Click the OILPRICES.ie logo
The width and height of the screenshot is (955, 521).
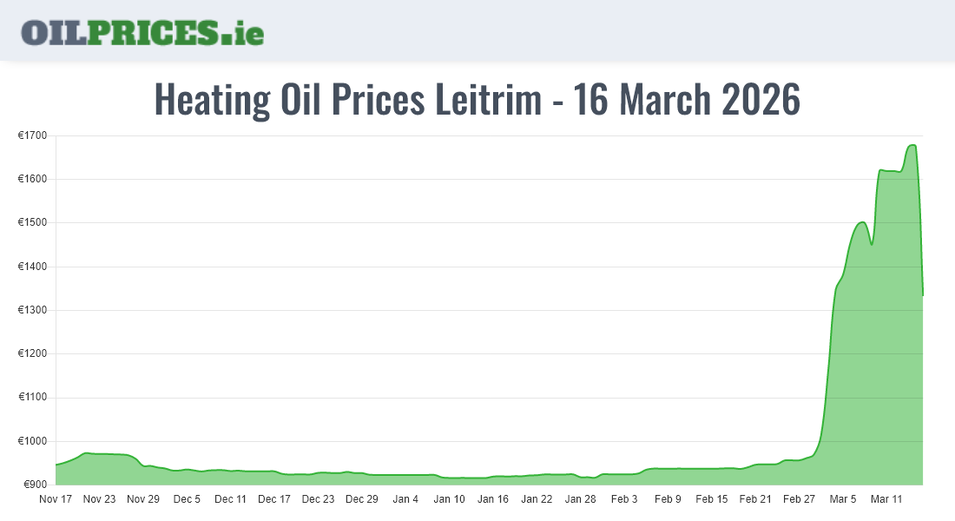[142, 32]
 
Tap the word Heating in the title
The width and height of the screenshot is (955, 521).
[212, 100]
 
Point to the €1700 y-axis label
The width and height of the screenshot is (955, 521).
[32, 135]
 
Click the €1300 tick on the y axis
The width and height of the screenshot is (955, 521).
[32, 310]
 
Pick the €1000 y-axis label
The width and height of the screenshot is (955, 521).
[32, 441]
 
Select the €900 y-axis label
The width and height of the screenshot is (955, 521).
[35, 485]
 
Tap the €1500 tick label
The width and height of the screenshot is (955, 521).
[32, 222]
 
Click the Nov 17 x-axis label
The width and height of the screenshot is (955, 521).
[56, 499]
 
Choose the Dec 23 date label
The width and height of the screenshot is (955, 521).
[318, 499]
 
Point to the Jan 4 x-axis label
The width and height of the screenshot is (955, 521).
[405, 499]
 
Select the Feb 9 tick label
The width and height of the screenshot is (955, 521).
[668, 499]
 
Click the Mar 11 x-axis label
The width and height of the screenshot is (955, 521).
[886, 499]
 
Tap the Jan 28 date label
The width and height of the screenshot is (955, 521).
[580, 499]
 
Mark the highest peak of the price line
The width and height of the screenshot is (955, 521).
[912, 145]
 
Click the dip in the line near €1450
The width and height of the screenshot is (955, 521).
[872, 245]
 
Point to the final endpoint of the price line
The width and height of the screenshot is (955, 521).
[922, 295]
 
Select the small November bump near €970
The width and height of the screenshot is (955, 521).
[85, 453]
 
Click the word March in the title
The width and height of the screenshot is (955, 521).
[664, 100]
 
